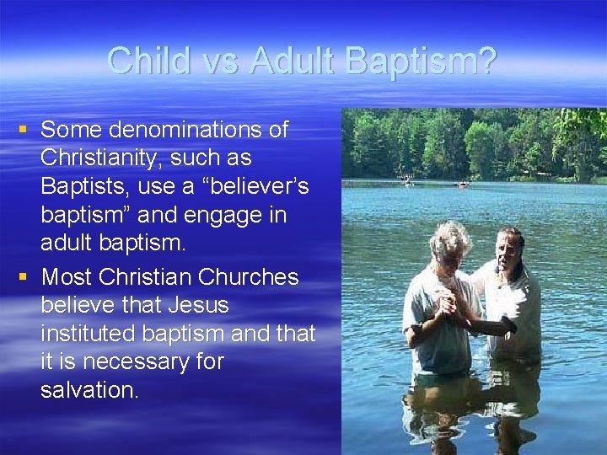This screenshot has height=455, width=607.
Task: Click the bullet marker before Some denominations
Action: (24, 129)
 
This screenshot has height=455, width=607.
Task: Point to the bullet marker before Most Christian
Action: (24, 276)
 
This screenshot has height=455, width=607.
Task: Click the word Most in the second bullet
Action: (67, 276)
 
